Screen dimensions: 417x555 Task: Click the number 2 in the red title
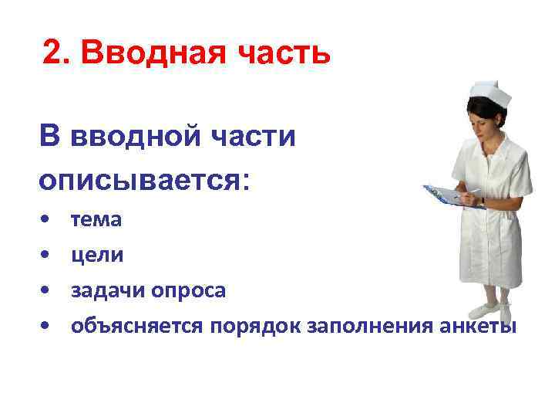coord(52,53)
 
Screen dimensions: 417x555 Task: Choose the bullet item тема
coord(96,220)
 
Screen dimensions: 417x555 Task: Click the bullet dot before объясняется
coord(47,326)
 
